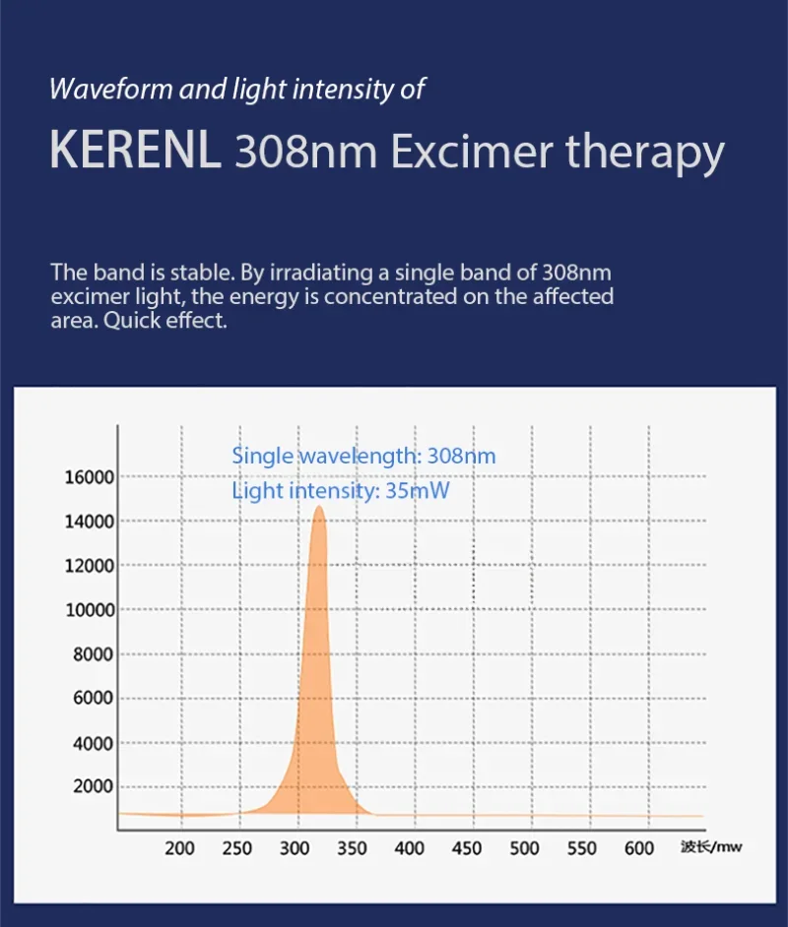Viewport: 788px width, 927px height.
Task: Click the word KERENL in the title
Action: click(x=135, y=154)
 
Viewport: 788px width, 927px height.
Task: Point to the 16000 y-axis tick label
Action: click(x=90, y=477)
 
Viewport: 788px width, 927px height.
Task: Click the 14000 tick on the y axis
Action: click(x=90, y=522)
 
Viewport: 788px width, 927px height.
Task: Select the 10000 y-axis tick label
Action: click(x=90, y=610)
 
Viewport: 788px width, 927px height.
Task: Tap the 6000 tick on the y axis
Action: click(x=95, y=699)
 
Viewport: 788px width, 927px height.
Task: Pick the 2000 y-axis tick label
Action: click(x=95, y=787)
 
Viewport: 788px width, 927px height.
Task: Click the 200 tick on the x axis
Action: click(x=179, y=848)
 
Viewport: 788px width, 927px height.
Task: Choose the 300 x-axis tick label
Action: click(x=295, y=848)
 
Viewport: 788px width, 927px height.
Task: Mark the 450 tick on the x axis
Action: click(x=467, y=848)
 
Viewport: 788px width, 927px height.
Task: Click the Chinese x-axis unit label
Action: click(x=711, y=846)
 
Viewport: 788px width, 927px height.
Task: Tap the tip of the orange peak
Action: click(x=318, y=507)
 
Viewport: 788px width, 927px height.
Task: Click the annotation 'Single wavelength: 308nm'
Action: click(x=363, y=456)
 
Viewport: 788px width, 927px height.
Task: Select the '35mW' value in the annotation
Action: click(x=418, y=490)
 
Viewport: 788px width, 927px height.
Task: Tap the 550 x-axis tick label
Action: click(x=582, y=848)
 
